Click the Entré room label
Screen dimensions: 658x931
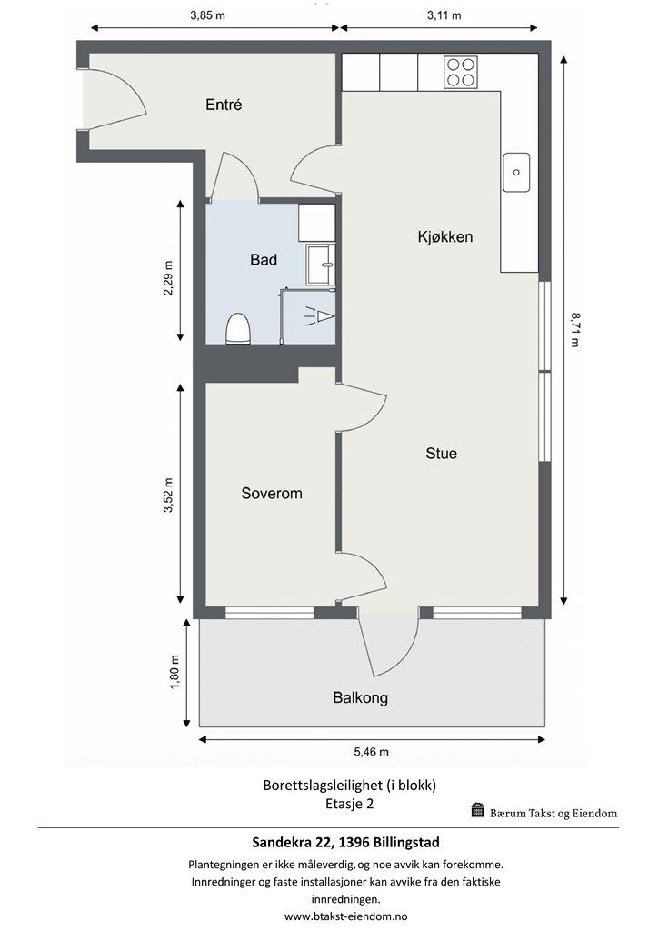224,105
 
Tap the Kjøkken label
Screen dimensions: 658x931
445,237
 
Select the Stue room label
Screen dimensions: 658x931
442,454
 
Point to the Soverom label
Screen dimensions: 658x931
272,494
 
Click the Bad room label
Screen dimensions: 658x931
264,259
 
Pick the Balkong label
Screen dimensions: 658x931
360,697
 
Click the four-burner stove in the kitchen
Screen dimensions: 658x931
461,72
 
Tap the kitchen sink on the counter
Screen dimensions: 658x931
516,172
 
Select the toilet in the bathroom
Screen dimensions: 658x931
238,328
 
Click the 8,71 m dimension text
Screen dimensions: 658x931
574,330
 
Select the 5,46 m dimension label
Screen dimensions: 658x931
372,752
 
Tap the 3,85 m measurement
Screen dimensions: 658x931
207,15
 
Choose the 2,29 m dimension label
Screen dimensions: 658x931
169,278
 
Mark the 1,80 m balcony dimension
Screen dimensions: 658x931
174,672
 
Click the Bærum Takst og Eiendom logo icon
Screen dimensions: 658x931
478,810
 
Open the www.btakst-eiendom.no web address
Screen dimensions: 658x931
346,916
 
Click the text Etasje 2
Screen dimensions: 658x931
350,804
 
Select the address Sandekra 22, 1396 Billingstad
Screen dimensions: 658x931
346,842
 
